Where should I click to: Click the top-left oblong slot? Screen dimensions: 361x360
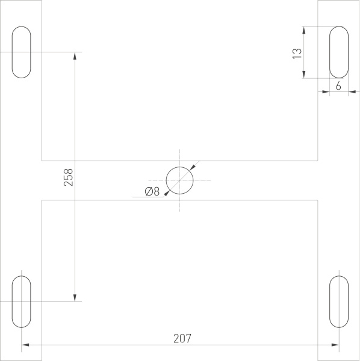pos(21,52)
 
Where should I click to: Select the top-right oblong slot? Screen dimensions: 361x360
pos(338,52)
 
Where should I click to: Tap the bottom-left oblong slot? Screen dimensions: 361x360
pos(21,301)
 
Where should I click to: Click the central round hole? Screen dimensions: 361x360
pos(180,180)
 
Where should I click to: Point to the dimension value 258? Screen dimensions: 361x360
pos(68,177)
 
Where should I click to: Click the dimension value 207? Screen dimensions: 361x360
pos(182,338)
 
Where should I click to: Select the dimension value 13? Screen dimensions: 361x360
pos(296,53)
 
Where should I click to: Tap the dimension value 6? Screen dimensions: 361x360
pos(338,86)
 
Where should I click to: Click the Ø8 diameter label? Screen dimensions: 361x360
pos(152,192)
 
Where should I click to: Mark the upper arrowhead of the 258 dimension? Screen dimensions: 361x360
pos(75,56)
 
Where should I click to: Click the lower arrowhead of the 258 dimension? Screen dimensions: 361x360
pos(75,297)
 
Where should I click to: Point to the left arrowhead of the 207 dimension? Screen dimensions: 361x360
pos(25,345)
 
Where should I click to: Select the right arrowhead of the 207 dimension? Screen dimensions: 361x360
pos(335,345)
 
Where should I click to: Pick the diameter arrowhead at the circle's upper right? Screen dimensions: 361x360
pos(192,168)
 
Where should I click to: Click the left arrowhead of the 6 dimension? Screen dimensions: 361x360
pos(326,91)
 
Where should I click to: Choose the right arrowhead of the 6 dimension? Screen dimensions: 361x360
pos(351,91)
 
